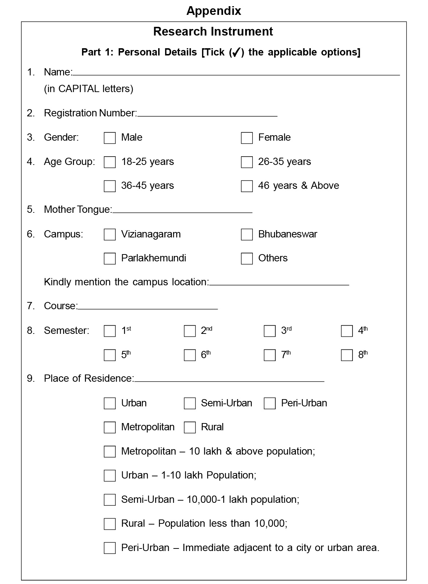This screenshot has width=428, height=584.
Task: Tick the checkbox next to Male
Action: [110, 138]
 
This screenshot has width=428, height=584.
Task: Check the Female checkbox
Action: [247, 138]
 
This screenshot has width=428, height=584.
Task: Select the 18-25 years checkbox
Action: [110, 162]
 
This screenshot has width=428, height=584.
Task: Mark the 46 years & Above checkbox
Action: [247, 186]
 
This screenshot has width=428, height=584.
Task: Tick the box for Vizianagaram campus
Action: [110, 235]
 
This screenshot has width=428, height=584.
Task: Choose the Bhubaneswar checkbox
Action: [247, 235]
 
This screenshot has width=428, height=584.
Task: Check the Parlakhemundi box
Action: [110, 258]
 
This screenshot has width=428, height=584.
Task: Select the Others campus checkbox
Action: [247, 258]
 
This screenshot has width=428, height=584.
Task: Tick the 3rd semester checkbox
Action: [269, 331]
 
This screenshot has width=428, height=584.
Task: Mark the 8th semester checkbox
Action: [347, 355]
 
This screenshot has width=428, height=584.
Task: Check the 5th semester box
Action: [110, 355]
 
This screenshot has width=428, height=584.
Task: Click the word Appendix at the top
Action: [214, 11]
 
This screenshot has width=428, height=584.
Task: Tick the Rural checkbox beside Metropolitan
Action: [190, 427]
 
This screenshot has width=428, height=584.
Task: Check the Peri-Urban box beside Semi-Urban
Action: [269, 403]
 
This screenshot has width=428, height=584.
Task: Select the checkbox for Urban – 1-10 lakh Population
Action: [110, 476]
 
